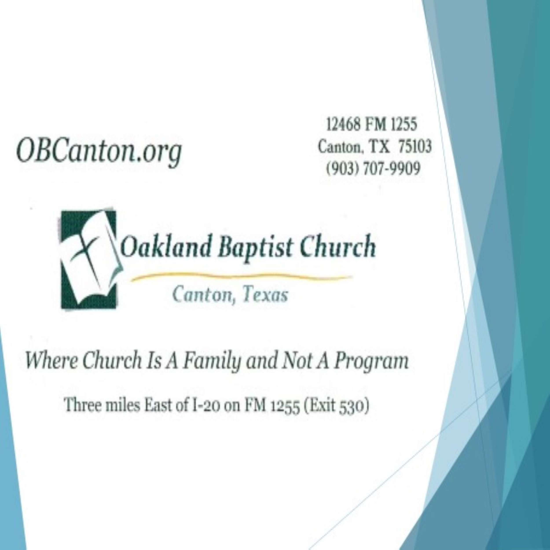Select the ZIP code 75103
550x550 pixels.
pyautogui.click(x=415, y=147)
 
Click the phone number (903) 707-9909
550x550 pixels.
pyautogui.click(x=373, y=169)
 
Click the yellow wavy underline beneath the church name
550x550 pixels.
pyautogui.click(x=242, y=277)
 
